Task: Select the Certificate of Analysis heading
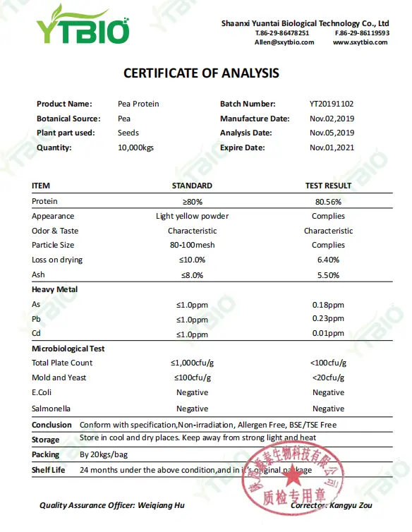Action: (x=201, y=73)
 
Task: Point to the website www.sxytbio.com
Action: (x=360, y=42)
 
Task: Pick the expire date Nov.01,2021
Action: (x=332, y=147)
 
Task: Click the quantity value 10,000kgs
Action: (x=135, y=147)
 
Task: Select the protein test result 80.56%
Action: (x=328, y=201)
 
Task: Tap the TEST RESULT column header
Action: (x=328, y=186)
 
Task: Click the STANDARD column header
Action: (x=192, y=186)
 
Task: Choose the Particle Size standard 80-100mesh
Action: (x=192, y=245)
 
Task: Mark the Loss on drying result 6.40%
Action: (x=328, y=260)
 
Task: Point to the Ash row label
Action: (x=38, y=274)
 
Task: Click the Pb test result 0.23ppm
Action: (x=328, y=318)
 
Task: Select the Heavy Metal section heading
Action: (x=54, y=289)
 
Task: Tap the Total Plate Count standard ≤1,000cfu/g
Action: (x=192, y=363)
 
